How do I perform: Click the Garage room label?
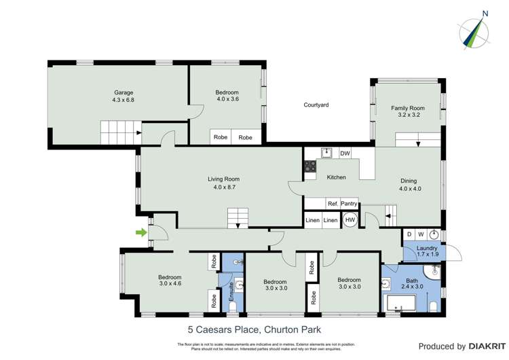click(x=123, y=92)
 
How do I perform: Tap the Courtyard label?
click(x=316, y=105)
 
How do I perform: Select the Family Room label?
click(x=407, y=108)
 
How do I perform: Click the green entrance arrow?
click(x=141, y=233)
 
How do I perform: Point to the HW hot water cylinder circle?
click(x=350, y=220)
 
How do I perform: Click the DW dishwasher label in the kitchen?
click(x=345, y=154)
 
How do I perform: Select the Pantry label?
click(x=349, y=203)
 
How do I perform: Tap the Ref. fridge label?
click(x=333, y=203)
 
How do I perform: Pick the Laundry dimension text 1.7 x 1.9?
click(x=427, y=254)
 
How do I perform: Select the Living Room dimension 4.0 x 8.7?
click(x=223, y=187)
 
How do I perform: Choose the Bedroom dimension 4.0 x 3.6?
click(x=227, y=100)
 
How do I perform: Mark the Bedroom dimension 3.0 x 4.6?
click(x=170, y=284)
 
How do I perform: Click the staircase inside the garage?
click(x=120, y=128)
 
